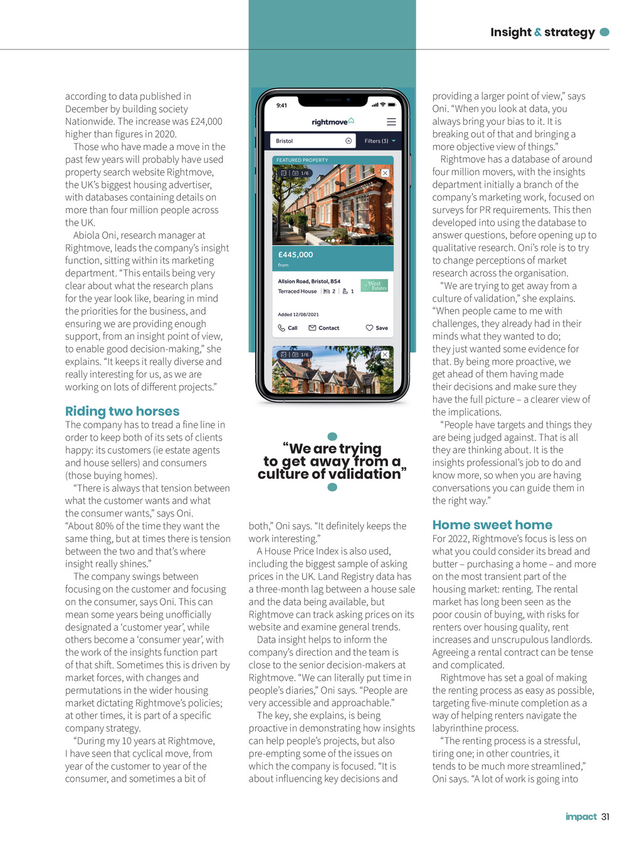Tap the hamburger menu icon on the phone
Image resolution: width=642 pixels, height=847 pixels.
pyautogui.click(x=391, y=122)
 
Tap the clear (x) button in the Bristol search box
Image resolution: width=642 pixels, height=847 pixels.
pyautogui.click(x=349, y=141)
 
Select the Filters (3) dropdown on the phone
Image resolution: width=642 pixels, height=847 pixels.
pyautogui.click(x=379, y=141)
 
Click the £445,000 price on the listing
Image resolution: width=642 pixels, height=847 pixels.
pyautogui.click(x=295, y=255)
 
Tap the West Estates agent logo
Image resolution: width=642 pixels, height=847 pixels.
pyautogui.click(x=374, y=285)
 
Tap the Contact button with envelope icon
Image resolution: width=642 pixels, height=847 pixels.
pyautogui.click(x=324, y=328)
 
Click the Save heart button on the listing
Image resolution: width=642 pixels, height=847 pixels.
pyautogui.click(x=377, y=328)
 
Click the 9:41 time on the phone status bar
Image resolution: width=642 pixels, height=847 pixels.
pyautogui.click(x=282, y=105)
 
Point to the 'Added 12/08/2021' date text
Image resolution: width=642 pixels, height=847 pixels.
pyautogui.click(x=298, y=314)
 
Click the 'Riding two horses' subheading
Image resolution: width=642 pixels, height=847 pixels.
pyautogui.click(x=122, y=411)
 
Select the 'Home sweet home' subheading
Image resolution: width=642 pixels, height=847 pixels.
pyautogui.click(x=492, y=525)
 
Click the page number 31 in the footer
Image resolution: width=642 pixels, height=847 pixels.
pyautogui.click(x=605, y=816)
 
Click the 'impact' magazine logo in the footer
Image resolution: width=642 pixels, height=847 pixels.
pyautogui.click(x=581, y=816)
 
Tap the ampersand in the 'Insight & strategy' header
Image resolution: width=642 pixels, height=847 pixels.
pyautogui.click(x=538, y=33)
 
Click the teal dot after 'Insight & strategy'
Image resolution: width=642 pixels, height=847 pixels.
pyautogui.click(x=604, y=32)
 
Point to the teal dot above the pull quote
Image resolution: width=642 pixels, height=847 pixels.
pyautogui.click(x=332, y=436)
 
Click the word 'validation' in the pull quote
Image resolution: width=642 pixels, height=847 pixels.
pyautogui.click(x=366, y=475)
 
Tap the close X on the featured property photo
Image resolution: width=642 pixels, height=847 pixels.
pyautogui.click(x=385, y=173)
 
